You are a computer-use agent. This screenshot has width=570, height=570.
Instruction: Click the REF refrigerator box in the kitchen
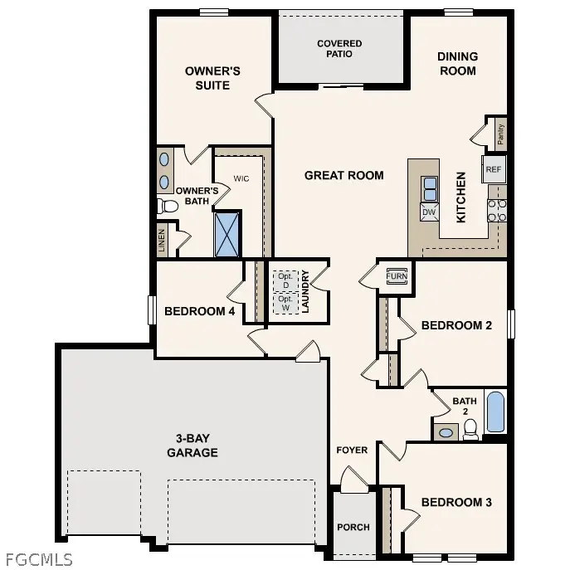click(x=494, y=169)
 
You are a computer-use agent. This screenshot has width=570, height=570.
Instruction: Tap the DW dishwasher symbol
click(x=429, y=212)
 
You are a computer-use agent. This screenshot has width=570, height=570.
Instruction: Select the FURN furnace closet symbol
click(x=395, y=275)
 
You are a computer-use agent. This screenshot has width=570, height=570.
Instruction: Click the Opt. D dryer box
click(x=285, y=280)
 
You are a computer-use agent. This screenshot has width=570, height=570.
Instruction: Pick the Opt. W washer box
click(x=285, y=304)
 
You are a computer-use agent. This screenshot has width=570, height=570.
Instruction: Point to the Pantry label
click(x=500, y=133)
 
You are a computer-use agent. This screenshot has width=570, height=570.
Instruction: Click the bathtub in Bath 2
click(x=495, y=412)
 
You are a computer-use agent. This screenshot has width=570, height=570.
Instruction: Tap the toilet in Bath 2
click(x=470, y=428)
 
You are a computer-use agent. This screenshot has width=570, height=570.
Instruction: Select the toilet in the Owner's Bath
click(x=168, y=205)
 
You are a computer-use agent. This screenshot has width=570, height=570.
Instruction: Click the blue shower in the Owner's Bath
click(x=227, y=234)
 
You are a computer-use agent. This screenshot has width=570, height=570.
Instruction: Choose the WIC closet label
click(x=241, y=178)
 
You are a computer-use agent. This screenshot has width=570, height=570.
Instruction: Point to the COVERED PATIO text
click(x=340, y=48)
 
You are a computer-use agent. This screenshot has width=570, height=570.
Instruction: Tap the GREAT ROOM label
click(x=343, y=175)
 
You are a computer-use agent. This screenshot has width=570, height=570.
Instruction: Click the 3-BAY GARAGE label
click(x=192, y=445)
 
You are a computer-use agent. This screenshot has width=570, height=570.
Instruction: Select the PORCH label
click(x=353, y=527)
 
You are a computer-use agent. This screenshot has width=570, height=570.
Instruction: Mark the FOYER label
click(x=352, y=451)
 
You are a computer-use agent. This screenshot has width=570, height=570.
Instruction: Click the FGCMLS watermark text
click(x=38, y=558)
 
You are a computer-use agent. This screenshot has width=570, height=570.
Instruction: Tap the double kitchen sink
click(x=430, y=190)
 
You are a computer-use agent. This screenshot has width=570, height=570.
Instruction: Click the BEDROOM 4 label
click(x=199, y=311)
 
